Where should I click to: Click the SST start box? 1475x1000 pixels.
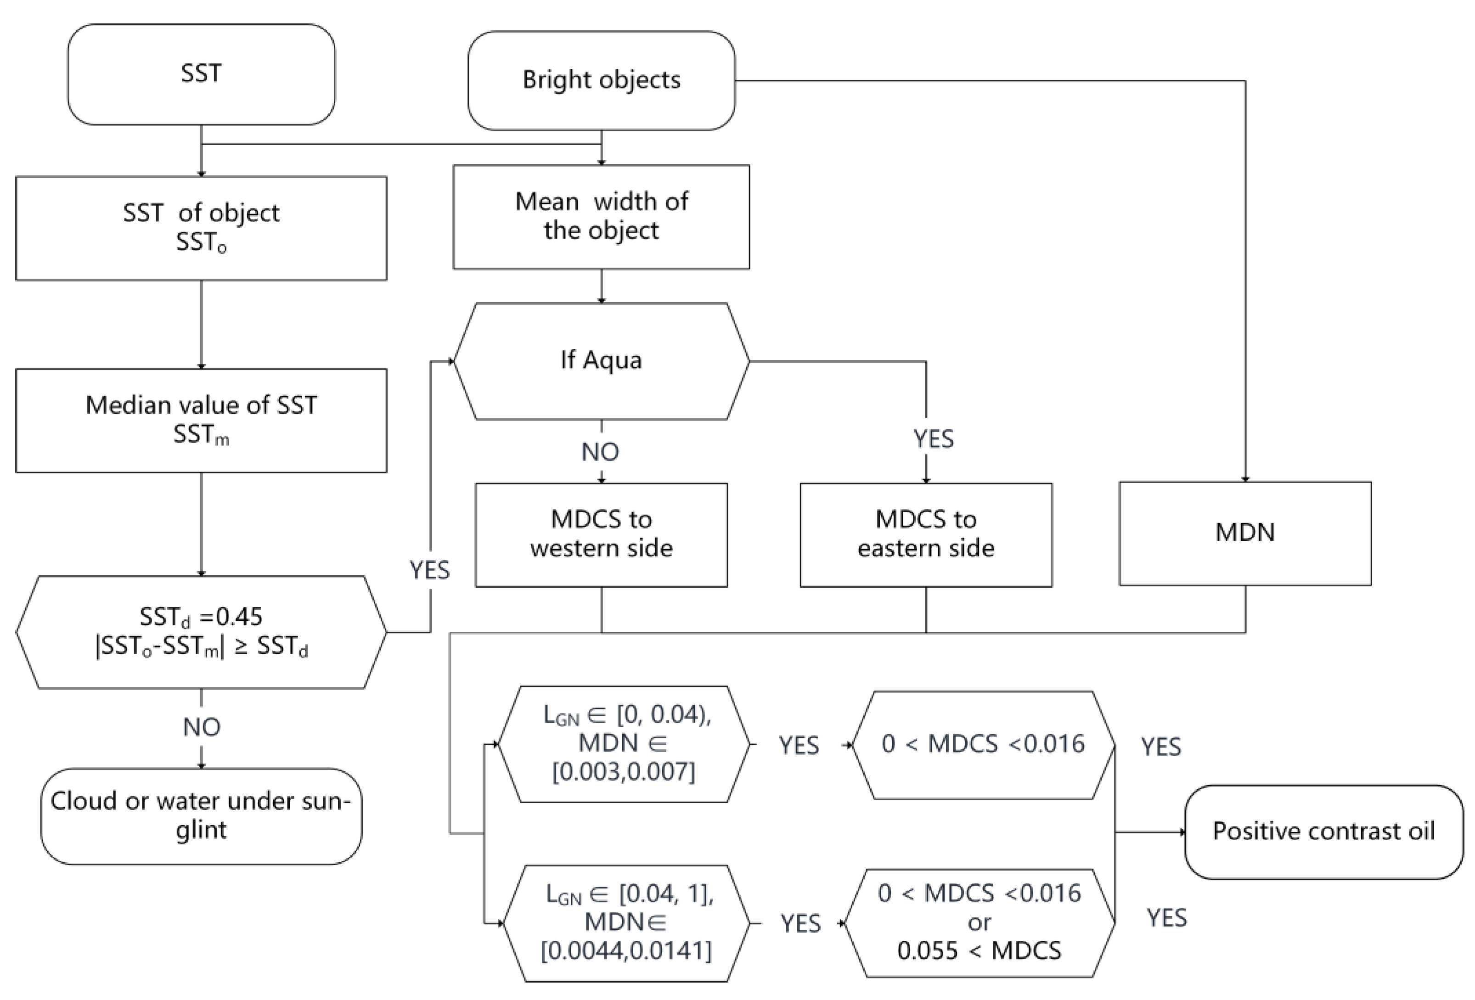pyautogui.click(x=201, y=74)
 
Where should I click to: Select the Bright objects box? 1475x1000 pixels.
pyautogui.click(x=601, y=81)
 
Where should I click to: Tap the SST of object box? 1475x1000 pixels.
pyautogui.click(x=201, y=228)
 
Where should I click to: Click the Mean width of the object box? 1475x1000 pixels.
pyautogui.click(x=601, y=216)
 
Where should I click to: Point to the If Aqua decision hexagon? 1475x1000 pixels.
pyautogui.click(x=601, y=361)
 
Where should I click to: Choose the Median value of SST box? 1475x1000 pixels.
pyautogui.click(x=201, y=420)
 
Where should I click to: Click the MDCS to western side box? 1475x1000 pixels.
pyautogui.click(x=601, y=534)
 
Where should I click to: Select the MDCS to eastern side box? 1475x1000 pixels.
pyautogui.click(x=925, y=534)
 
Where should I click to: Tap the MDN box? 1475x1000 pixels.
pyautogui.click(x=1244, y=533)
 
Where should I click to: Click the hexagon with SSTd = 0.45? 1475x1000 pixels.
pyautogui.click(x=201, y=632)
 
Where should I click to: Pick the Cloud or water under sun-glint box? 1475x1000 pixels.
pyautogui.click(x=201, y=816)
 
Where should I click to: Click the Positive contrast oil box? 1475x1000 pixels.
pyautogui.click(x=1323, y=831)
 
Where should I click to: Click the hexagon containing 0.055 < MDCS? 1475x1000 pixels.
pyautogui.click(x=980, y=922)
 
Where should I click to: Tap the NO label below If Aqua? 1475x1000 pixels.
pyautogui.click(x=600, y=452)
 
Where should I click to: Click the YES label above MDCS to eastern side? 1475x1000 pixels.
pyautogui.click(x=933, y=439)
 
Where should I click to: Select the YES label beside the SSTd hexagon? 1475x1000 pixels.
pyautogui.click(x=430, y=570)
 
